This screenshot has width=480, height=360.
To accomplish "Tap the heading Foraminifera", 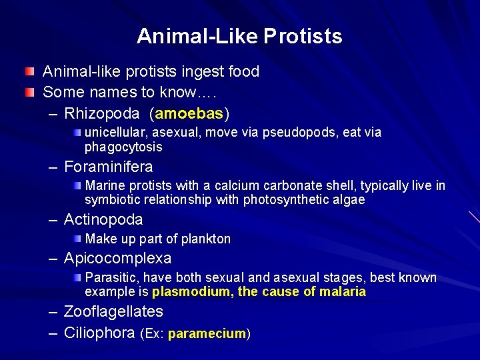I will (108, 167).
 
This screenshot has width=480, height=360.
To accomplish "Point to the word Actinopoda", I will (103, 219).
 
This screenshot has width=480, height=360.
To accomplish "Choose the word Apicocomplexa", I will (117, 258).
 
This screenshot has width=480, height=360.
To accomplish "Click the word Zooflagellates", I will (113, 311).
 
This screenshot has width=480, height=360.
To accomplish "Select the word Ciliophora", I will (99, 333).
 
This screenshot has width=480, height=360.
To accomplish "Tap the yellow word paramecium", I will (207, 333).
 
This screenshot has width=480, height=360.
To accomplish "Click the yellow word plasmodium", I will (191, 291).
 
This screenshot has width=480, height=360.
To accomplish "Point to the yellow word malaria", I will (342, 291).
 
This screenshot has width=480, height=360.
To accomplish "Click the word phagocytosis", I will (123, 147).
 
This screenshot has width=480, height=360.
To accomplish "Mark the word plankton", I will (205, 239).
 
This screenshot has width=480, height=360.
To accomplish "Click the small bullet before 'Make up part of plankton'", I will (78, 238).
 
